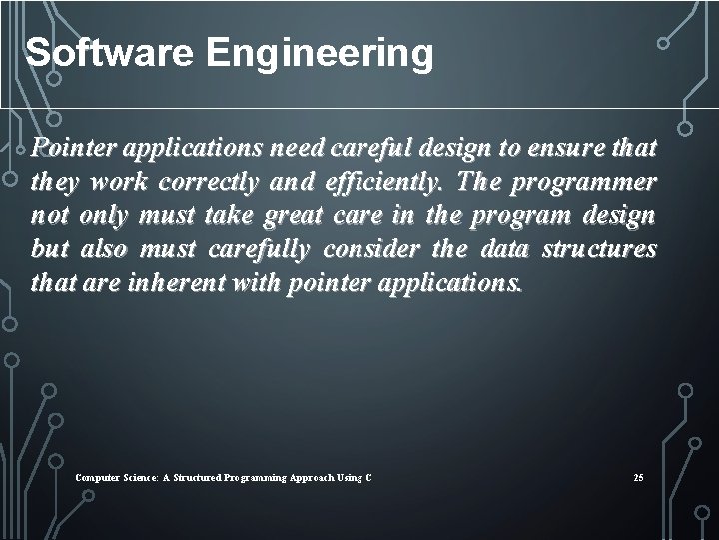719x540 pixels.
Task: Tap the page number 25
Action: [x=638, y=478]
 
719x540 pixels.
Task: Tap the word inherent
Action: [x=179, y=283]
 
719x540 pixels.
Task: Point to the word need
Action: [x=296, y=149]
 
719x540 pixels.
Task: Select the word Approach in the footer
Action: [x=319, y=478]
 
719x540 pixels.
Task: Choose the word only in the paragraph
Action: [x=103, y=216]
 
